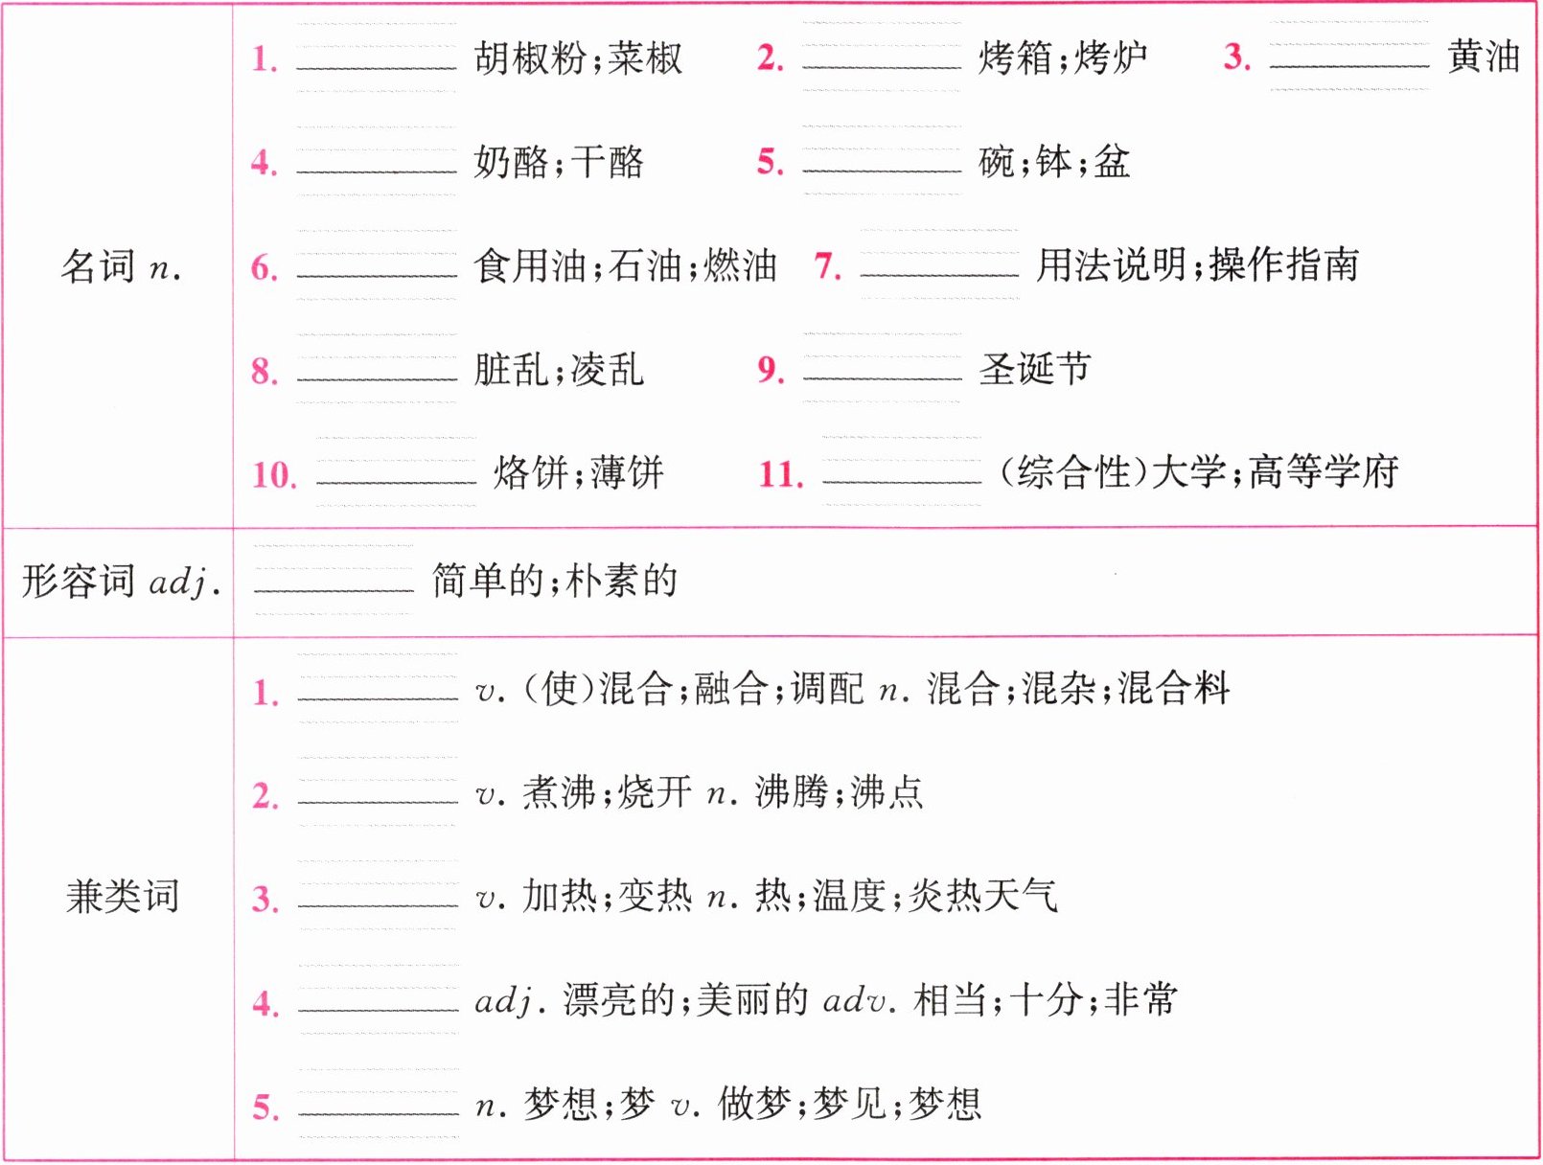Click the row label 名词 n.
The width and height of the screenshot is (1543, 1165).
(121, 266)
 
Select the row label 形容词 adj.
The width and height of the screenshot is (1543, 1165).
(121, 581)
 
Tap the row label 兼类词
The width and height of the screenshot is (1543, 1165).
(122, 896)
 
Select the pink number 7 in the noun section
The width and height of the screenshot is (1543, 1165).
(827, 265)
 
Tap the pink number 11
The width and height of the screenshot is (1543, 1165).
(781, 473)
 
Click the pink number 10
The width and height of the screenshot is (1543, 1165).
(274, 473)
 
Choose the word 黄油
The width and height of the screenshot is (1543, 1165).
(1483, 57)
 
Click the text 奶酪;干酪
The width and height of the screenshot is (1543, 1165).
(559, 162)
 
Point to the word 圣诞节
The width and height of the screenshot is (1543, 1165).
(1035, 369)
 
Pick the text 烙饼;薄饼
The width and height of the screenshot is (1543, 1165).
(579, 472)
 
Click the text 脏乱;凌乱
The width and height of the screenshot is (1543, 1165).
(559, 369)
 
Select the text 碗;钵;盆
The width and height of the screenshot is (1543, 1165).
(1054, 162)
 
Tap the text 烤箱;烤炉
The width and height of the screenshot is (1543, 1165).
(1063, 57)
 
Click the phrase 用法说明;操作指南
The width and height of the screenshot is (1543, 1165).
(1197, 265)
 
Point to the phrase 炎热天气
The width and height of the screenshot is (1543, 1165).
(982, 896)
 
